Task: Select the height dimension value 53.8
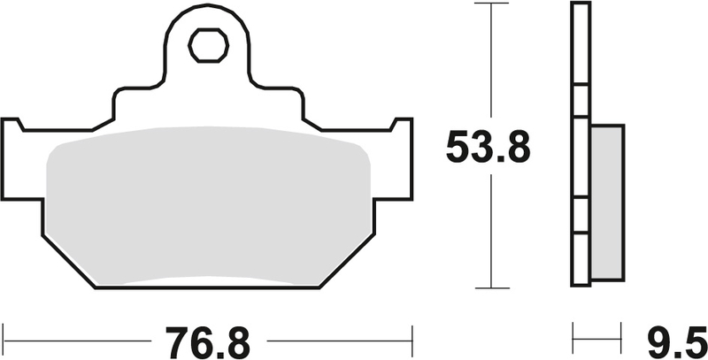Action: click(488, 149)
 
